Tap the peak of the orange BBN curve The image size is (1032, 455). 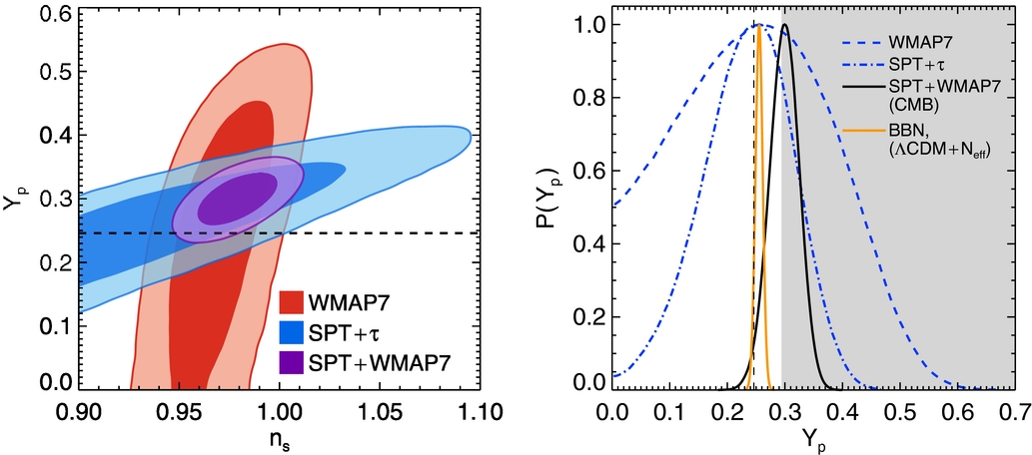tap(759, 26)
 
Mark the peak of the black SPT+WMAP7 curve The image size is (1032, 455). tap(785, 25)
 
